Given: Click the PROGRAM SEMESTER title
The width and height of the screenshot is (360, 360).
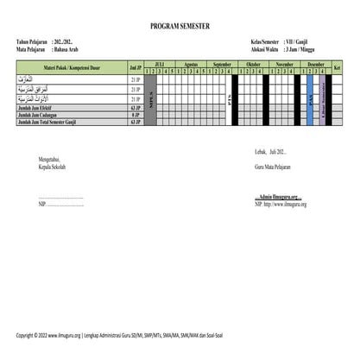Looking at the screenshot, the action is [180, 28].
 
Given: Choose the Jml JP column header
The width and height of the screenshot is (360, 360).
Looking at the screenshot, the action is [135, 67].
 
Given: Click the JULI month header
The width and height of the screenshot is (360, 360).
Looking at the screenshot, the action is [160, 64].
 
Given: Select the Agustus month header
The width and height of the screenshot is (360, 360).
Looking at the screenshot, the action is [192, 64].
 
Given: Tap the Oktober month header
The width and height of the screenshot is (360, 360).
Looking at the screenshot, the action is [254, 64].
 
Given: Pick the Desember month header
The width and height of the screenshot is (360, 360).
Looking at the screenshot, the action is [316, 64].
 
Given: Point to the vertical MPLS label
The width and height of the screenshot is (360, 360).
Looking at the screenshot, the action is [151, 99].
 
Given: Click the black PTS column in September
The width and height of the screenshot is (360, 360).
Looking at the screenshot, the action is [231, 99].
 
